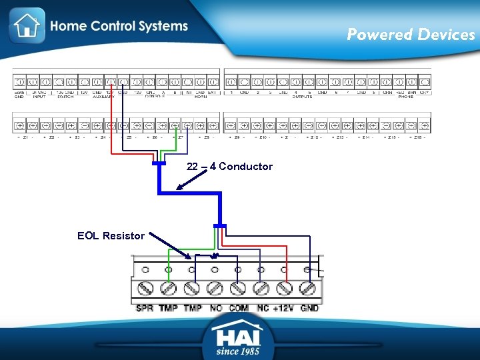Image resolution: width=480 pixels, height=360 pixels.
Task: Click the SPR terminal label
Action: [x=145, y=308]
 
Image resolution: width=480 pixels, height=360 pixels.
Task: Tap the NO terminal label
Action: [x=215, y=308]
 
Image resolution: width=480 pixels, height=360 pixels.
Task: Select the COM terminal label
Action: [x=238, y=308]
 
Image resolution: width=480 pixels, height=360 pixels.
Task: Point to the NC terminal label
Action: [x=262, y=308]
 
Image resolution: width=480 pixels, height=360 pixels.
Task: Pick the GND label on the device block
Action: [x=309, y=308]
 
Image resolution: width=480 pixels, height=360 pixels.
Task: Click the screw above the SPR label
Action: [x=145, y=289]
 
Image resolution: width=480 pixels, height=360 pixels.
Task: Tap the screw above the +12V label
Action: [x=285, y=289]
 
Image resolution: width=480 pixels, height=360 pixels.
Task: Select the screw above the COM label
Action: [x=238, y=289]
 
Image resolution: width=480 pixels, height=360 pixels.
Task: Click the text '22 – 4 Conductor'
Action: [x=229, y=167]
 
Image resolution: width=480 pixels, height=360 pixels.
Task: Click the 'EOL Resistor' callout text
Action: [x=111, y=235]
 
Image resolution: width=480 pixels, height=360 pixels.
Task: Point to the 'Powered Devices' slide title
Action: [x=410, y=35]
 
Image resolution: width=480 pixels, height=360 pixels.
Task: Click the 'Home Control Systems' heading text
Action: [x=119, y=27]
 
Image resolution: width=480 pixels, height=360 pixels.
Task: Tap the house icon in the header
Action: [x=27, y=25]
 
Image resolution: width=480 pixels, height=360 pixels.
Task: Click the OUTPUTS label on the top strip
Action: [x=302, y=97]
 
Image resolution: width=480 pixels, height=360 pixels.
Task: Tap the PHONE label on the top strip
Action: [x=405, y=97]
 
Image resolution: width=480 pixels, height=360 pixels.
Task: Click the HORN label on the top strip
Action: [x=200, y=97]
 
